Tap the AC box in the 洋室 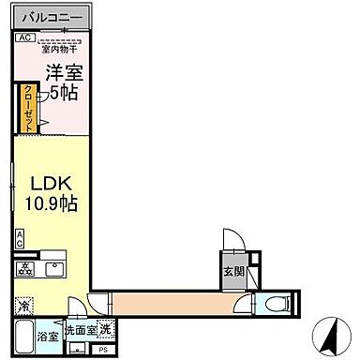(x=23, y=37)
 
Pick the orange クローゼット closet (x=29, y=108)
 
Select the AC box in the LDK (x=19, y=239)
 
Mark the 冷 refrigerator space (x=22, y=305)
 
